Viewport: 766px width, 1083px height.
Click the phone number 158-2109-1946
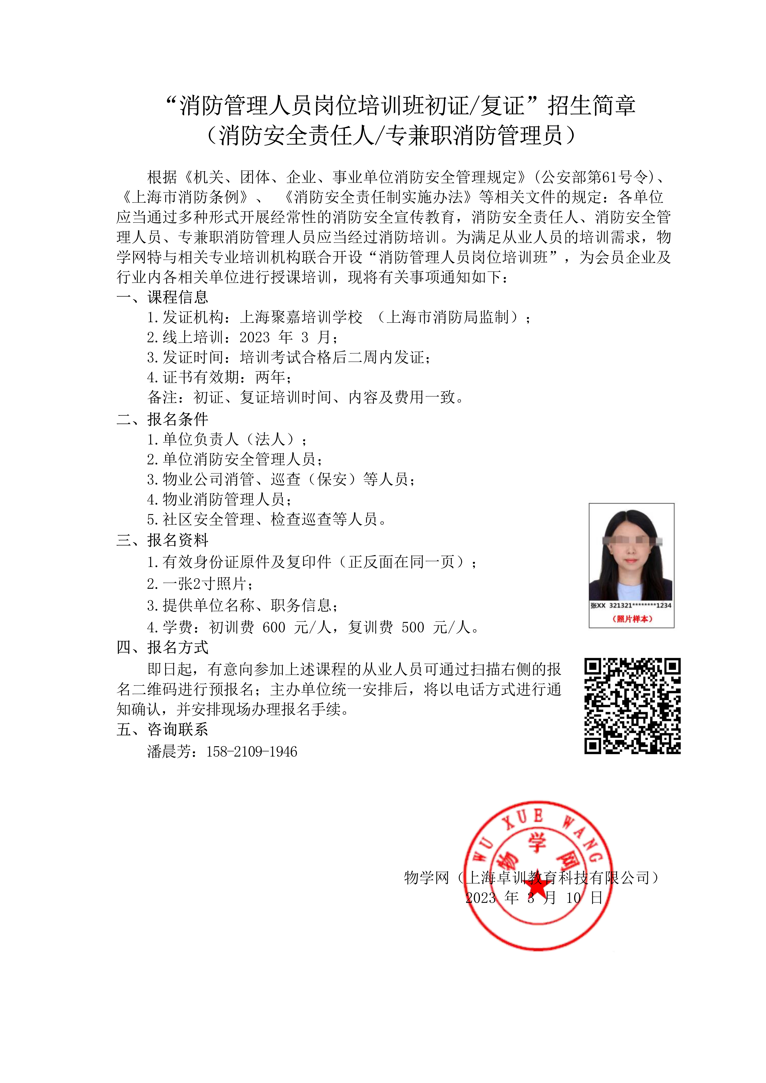252,752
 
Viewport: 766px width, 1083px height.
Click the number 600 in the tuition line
274,627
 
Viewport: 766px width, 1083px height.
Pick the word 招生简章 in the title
592,105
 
